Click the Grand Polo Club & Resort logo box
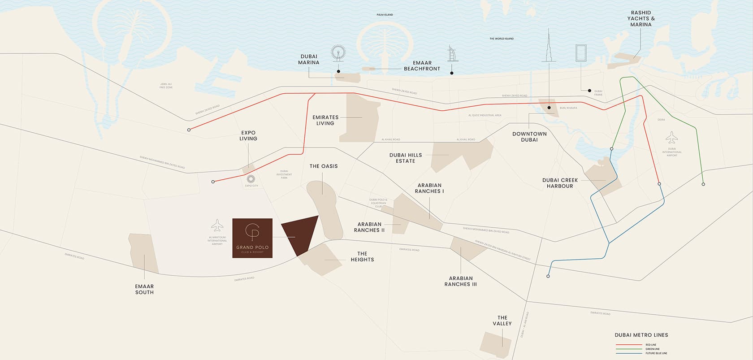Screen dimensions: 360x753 (x=252, y=238)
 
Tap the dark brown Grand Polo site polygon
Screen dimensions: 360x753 (x=300, y=234)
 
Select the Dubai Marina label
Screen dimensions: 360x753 (x=309, y=60)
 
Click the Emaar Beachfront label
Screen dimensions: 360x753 (x=422, y=66)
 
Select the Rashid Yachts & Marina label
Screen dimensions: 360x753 (x=640, y=19)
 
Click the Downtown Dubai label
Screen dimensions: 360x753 (x=529, y=137)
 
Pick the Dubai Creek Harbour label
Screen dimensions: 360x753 (x=560, y=183)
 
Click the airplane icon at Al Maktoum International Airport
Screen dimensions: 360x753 (x=217, y=225)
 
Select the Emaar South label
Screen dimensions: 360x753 (x=144, y=289)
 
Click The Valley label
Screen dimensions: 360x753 (x=502, y=321)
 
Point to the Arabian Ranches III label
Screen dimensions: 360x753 (x=460, y=281)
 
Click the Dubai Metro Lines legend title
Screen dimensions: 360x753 (x=641, y=335)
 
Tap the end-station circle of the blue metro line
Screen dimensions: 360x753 (x=548, y=277)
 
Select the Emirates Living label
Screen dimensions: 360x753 (x=325, y=120)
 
